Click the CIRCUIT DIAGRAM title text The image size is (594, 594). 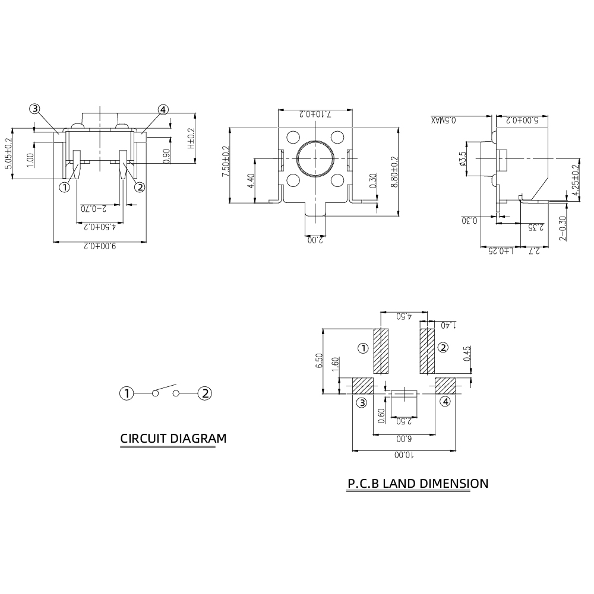[173, 439]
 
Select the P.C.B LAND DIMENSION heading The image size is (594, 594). [418, 484]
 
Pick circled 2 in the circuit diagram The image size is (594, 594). [205, 393]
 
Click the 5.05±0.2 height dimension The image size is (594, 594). [9, 154]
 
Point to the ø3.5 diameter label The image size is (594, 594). [463, 158]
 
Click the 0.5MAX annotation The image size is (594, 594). [444, 120]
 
